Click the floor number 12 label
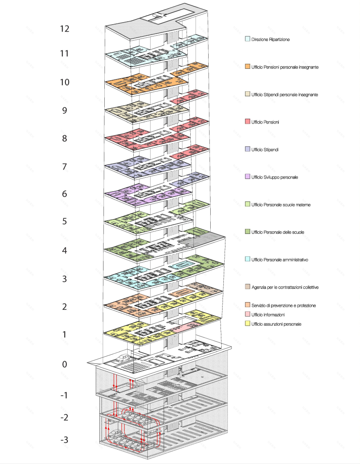click(65, 29)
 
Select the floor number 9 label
click(65, 111)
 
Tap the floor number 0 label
click(65, 364)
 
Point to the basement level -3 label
click(65, 440)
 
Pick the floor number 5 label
click(65, 222)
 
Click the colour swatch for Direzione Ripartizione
click(248, 39)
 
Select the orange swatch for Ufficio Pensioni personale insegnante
click(248, 67)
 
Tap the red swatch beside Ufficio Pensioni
click(248, 122)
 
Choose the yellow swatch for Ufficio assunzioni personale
click(248, 324)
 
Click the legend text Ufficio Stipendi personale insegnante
click(285, 95)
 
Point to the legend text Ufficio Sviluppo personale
click(274, 177)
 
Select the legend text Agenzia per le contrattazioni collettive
click(285, 287)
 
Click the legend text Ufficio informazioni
click(268, 315)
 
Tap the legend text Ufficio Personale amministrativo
click(280, 260)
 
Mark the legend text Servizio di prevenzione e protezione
click(283, 306)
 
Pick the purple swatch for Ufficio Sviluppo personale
click(248, 177)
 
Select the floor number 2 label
click(65, 307)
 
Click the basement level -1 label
click(65, 395)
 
